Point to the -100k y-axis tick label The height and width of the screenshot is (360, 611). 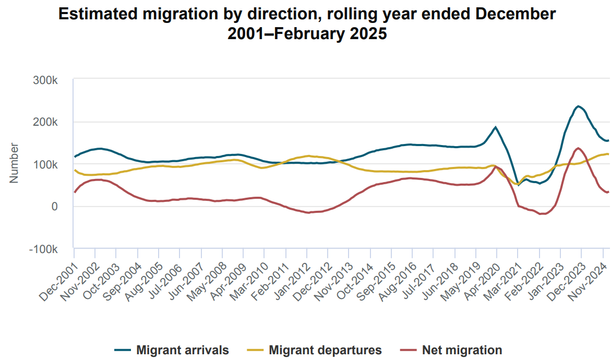(44, 249)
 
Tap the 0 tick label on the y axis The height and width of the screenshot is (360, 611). (54, 207)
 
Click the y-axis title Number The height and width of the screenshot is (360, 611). (14, 163)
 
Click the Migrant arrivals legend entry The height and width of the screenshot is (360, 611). (182, 350)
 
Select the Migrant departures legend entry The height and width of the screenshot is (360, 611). (325, 350)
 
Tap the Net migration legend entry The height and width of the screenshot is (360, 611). (462, 350)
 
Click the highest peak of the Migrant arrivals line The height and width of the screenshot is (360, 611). (578, 106)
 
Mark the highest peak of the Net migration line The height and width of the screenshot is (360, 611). (578, 148)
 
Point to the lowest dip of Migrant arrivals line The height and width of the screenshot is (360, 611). (518, 185)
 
